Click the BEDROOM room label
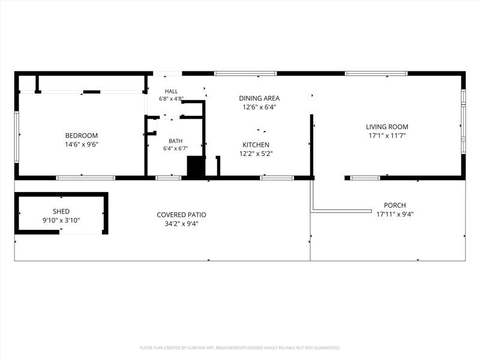[82, 136]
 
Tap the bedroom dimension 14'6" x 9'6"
[82, 145]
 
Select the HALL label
[171, 91]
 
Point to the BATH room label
[175, 141]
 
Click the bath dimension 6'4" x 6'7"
[175, 148]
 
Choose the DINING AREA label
[259, 98]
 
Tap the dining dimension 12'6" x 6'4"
[259, 107]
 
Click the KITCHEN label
[256, 145]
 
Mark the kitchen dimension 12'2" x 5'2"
[256, 154]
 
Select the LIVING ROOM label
[387, 127]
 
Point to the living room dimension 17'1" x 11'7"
[387, 136]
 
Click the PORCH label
[395, 205]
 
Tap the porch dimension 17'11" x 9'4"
[395, 214]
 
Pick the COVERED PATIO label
[182, 215]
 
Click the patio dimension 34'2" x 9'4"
[182, 224]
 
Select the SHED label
[61, 211]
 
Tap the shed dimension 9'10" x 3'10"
[61, 220]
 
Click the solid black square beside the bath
[196, 166]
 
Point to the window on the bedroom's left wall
[17, 137]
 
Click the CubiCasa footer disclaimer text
[239, 348]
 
